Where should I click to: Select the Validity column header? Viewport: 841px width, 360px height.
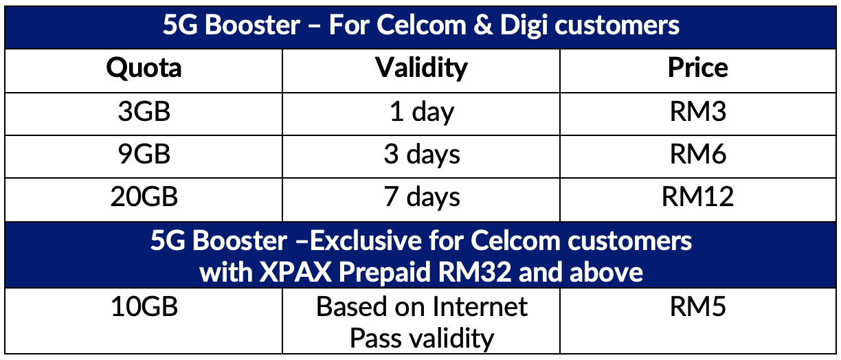click(421, 68)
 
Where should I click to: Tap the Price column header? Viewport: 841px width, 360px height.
click(697, 68)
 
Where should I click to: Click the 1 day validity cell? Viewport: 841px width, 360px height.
click(421, 111)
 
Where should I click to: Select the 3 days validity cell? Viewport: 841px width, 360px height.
click(421, 155)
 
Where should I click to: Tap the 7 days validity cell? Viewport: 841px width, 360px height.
click(421, 197)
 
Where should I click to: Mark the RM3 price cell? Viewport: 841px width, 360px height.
click(697, 111)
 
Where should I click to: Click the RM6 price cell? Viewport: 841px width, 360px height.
click(697, 155)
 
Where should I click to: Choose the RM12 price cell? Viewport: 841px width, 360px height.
click(697, 197)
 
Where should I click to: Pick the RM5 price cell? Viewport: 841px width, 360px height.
click(697, 306)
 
